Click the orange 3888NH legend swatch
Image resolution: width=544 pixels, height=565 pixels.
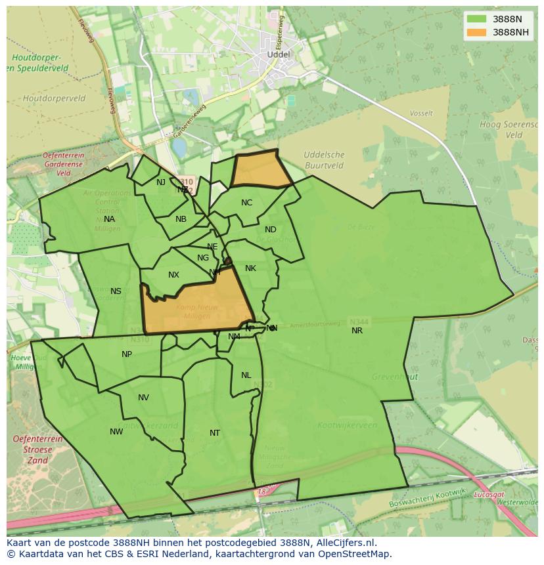coord(477,32)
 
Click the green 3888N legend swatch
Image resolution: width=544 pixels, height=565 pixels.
coord(477,20)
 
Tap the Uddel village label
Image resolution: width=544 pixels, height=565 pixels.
coord(279,54)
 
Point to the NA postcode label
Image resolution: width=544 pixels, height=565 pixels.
coord(109,219)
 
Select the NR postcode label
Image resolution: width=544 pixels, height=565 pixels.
coord(357,331)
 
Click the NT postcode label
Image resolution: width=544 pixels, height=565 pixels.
coord(215,433)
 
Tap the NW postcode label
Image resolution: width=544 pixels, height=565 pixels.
coord(116,432)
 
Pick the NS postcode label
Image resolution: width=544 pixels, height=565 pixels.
coord(116,291)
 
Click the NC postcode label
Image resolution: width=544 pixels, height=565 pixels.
coord(246,203)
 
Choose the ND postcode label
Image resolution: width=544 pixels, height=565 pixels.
coord(271,230)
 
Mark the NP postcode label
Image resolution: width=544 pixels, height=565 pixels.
coord(127,354)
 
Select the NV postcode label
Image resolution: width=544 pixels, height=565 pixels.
coord(143,398)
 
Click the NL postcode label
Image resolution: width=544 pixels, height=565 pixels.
coord(246,375)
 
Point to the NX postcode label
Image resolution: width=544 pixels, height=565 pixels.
coord(173,276)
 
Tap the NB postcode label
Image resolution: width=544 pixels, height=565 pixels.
coord(181,219)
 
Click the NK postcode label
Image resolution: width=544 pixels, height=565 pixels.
coord(250,268)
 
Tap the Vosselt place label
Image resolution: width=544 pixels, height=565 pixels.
coord(421,114)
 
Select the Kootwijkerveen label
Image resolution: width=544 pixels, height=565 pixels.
coord(346,425)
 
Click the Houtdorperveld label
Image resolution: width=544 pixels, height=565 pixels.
coord(54,98)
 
